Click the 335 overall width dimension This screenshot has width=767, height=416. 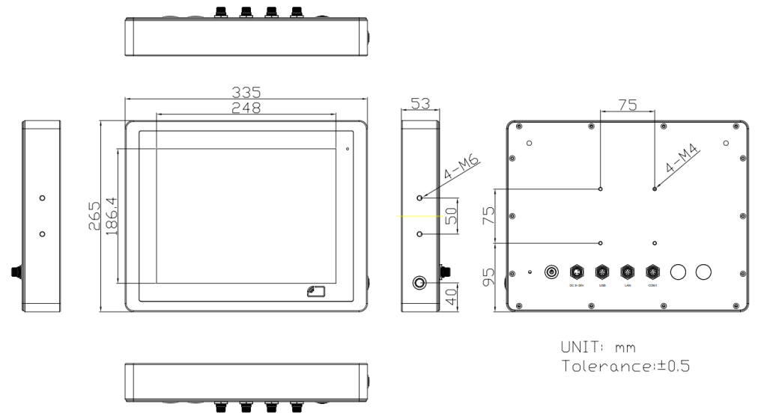[x=246, y=92]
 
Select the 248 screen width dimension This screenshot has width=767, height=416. [x=246, y=108]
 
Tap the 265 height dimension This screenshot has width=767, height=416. [x=94, y=216]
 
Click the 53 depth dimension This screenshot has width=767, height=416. [x=419, y=105]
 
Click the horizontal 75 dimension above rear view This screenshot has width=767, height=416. [x=627, y=106]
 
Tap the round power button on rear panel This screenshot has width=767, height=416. [x=552, y=271]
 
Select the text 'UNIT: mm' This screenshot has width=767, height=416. [x=595, y=348]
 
